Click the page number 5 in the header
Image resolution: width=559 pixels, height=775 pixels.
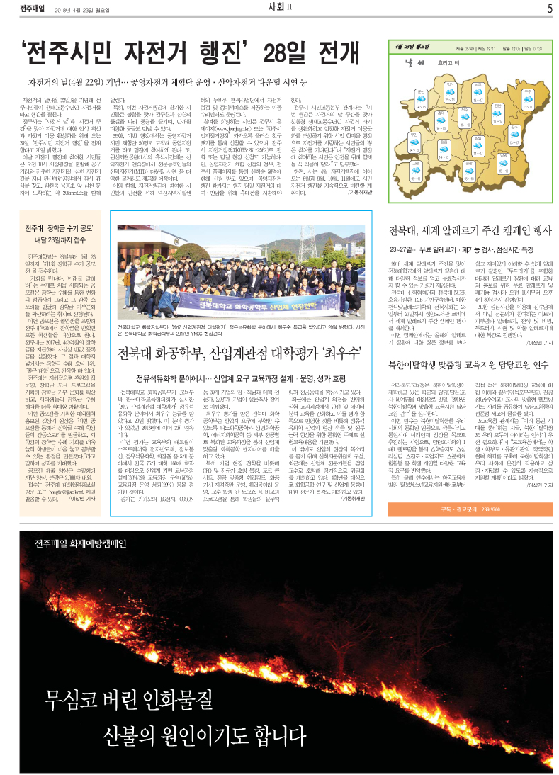(549, 9)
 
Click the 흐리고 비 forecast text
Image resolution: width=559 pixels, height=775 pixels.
(446, 63)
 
